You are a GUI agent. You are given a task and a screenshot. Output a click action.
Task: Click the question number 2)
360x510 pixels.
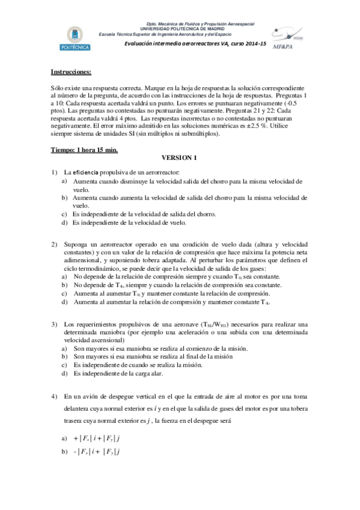pos(54,244)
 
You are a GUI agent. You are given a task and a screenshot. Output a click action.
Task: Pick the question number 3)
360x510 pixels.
pos(54,324)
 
